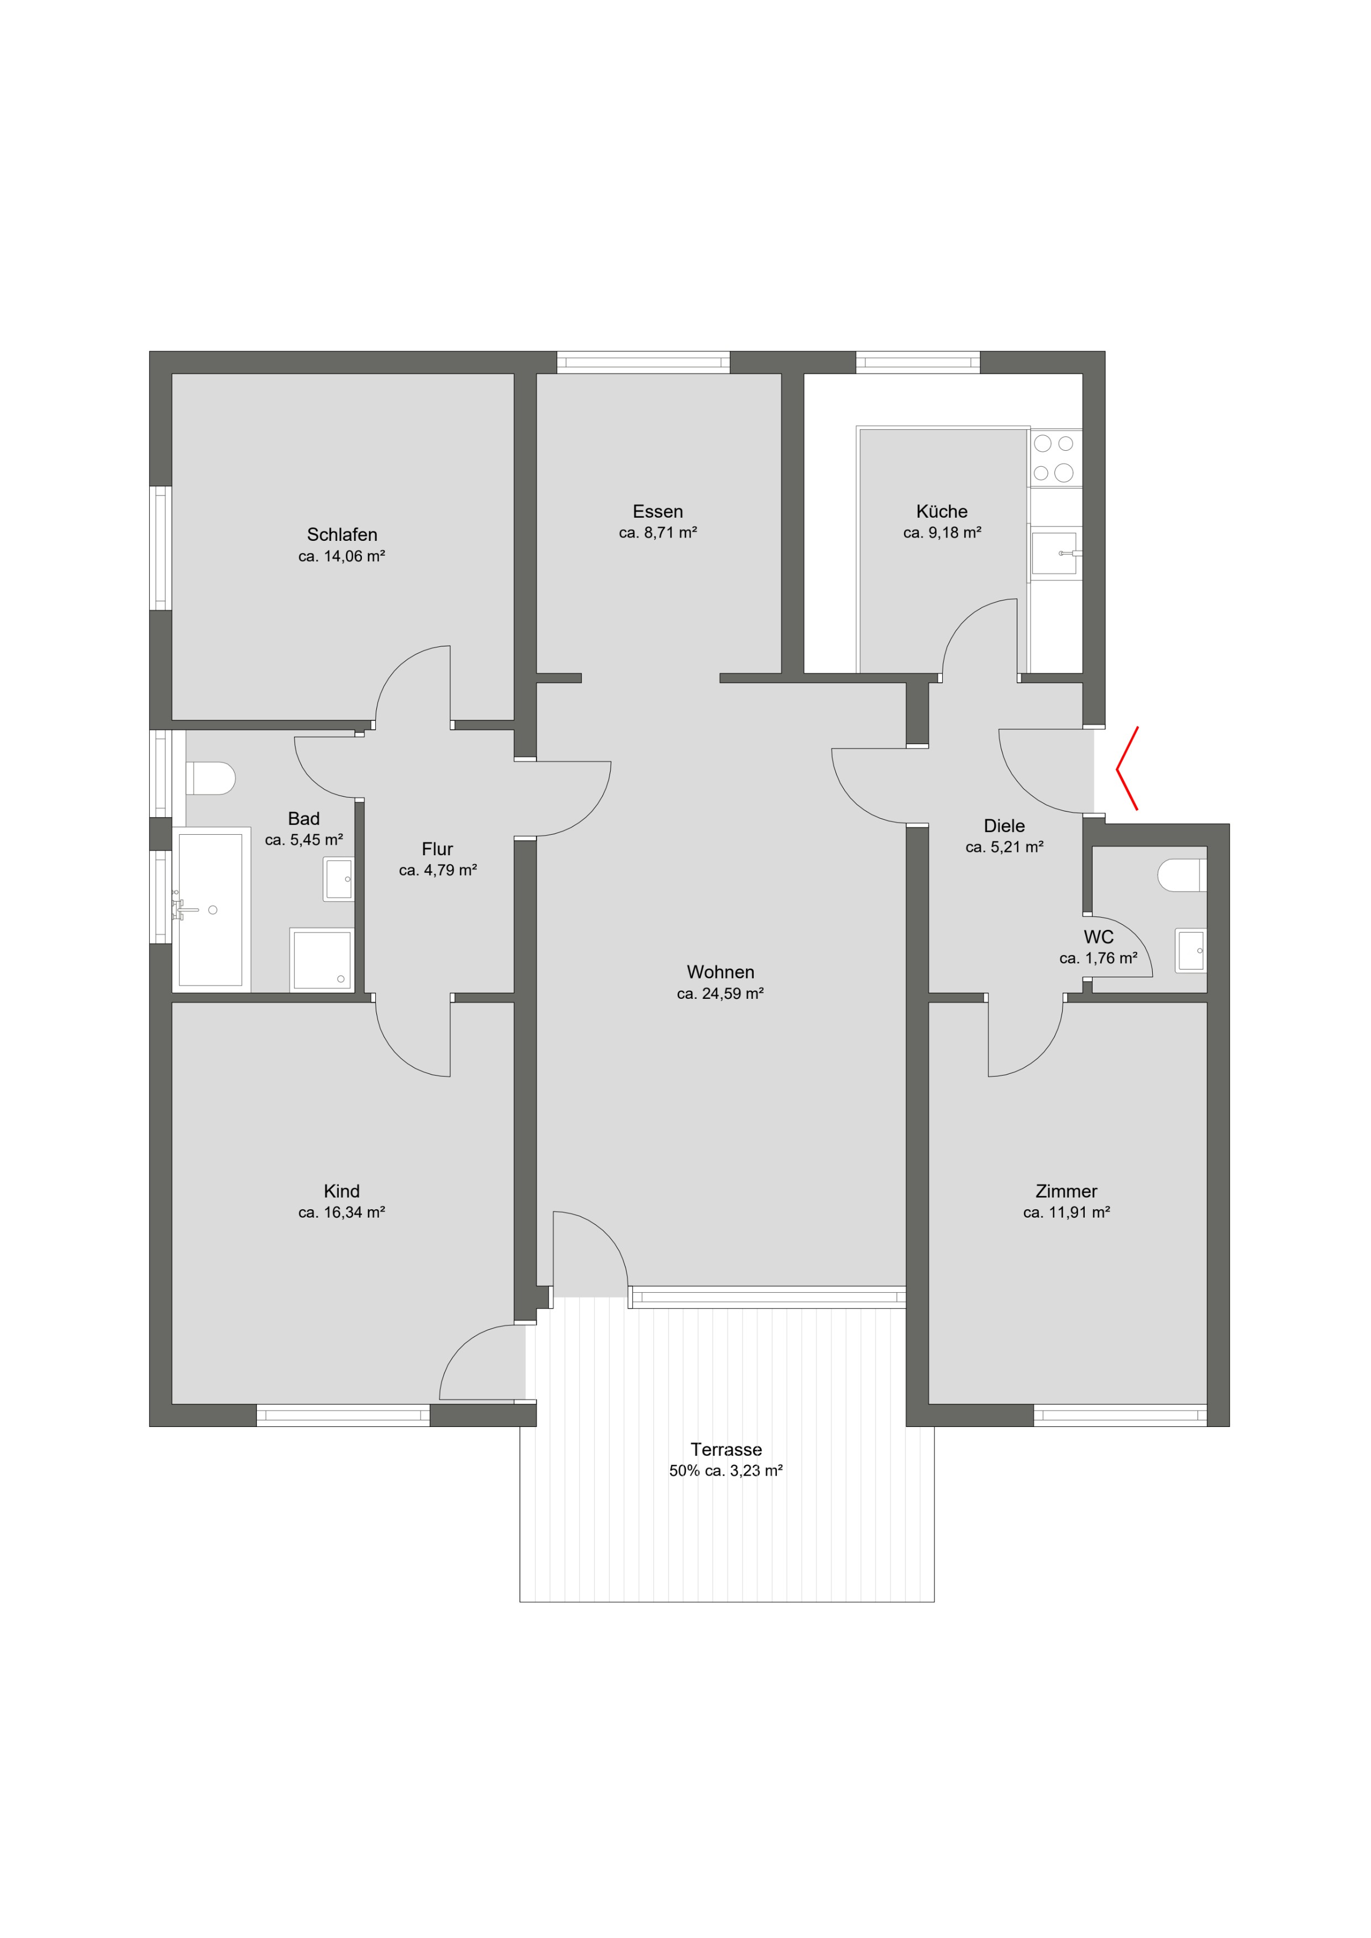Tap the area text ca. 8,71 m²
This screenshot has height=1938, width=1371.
[x=658, y=533]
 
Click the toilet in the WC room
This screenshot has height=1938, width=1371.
[x=1182, y=875]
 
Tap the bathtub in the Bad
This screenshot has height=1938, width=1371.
[x=211, y=910]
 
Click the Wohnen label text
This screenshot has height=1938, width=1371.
[x=720, y=972]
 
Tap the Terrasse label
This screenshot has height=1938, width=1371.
[x=726, y=1449]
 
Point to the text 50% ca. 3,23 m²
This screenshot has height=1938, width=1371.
[x=726, y=1471]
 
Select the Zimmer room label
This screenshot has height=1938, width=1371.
[x=1066, y=1191]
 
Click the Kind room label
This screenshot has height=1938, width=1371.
[x=342, y=1191]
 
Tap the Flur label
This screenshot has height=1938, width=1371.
[x=437, y=849]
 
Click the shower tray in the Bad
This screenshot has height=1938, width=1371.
[x=322, y=960]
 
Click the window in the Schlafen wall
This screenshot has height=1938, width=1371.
[x=160, y=548]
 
